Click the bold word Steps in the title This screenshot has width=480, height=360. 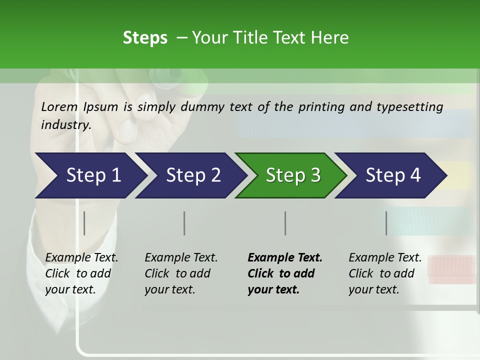click(x=145, y=38)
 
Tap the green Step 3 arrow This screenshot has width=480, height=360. click(x=292, y=175)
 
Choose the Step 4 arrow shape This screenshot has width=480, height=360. click(x=393, y=175)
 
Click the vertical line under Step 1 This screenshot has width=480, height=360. click(x=84, y=223)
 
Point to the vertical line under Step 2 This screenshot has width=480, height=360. click(x=184, y=223)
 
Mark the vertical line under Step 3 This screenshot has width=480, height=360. click(x=285, y=223)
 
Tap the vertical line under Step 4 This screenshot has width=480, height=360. click(x=386, y=223)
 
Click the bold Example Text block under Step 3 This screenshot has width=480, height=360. click(x=284, y=273)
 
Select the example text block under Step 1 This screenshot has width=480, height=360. click(x=81, y=273)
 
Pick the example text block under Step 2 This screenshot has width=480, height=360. click(x=181, y=273)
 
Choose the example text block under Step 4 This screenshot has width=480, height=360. click(x=385, y=273)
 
